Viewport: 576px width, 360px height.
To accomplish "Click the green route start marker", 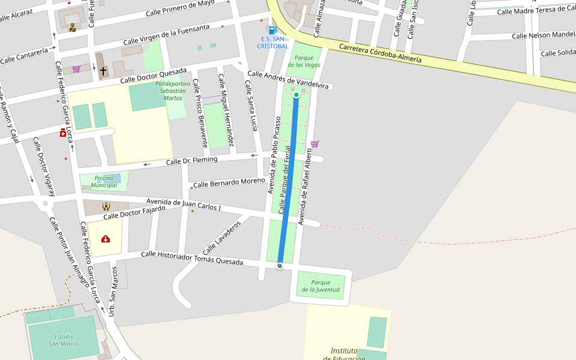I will point(296,95).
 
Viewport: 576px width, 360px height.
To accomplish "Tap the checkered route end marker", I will point(280,266).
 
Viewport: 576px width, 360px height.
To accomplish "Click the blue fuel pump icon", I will point(273,29).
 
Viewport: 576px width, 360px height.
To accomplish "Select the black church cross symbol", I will point(103,71).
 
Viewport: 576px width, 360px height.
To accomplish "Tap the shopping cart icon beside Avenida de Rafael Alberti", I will point(314,144).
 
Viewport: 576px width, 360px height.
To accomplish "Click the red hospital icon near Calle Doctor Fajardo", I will point(106,239).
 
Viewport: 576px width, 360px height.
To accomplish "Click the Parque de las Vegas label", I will point(304,61).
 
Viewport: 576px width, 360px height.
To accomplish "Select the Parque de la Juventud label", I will point(320,286).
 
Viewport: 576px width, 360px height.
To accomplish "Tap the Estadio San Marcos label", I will point(64,340).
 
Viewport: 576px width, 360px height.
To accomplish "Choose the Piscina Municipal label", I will point(104,182).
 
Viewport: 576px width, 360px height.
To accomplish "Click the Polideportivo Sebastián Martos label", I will point(173,91).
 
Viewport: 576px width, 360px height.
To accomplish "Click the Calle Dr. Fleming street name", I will point(191,161).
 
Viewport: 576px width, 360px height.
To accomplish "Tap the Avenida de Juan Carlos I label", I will point(184,205).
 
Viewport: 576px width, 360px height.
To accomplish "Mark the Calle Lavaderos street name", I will point(221,237).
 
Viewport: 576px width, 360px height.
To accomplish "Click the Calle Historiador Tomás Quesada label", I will point(192,258).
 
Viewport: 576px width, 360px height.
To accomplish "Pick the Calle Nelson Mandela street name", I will point(543,35).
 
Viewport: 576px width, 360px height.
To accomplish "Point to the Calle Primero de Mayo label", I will point(180,7).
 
